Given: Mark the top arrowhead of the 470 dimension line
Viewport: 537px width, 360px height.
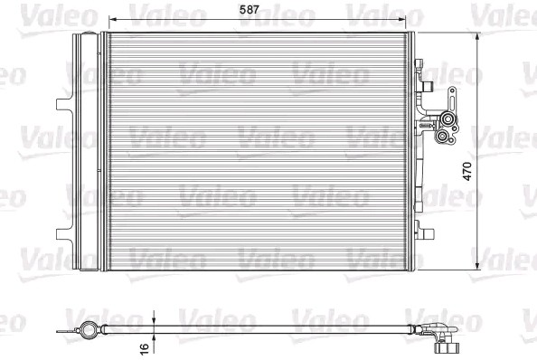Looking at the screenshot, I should click(478, 35).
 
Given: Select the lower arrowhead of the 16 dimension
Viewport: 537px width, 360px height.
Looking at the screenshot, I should click(155, 336).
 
